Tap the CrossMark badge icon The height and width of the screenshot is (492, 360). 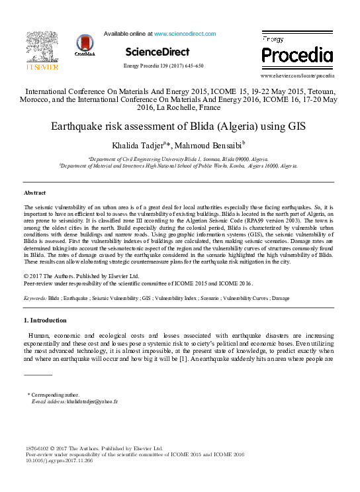85,47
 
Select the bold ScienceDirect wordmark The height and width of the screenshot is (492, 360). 157,52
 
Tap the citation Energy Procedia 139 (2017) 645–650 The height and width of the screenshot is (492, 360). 163,66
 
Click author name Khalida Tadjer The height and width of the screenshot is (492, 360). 138,145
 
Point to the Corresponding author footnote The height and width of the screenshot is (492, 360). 55,395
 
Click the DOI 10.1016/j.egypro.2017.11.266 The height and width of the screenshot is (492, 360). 58,460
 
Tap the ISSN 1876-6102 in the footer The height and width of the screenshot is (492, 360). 38,448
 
